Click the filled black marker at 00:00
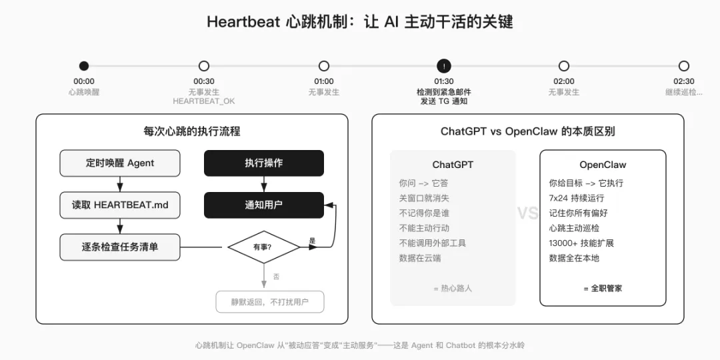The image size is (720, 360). pos(83,66)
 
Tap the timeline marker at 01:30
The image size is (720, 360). pos(444,66)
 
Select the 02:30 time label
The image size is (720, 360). pos(684,81)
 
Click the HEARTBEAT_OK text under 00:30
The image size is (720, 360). pos(204,101)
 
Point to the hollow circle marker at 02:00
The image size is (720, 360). pos(564,66)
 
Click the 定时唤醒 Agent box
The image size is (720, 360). pos(120,163)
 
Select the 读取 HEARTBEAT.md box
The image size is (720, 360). pos(120,205)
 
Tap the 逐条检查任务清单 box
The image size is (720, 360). pos(120,247)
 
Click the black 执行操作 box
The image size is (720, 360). pos(263,163)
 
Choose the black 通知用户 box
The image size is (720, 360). pos(263,205)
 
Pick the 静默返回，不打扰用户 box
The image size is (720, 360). pos(269,301)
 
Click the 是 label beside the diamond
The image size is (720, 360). pos(312,240)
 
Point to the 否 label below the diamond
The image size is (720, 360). pos(276,276)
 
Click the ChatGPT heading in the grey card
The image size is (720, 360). pos(453,165)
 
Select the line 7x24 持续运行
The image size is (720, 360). pos(577,198)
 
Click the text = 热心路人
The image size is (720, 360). pos(453,288)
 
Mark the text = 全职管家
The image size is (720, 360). pos(603,288)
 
